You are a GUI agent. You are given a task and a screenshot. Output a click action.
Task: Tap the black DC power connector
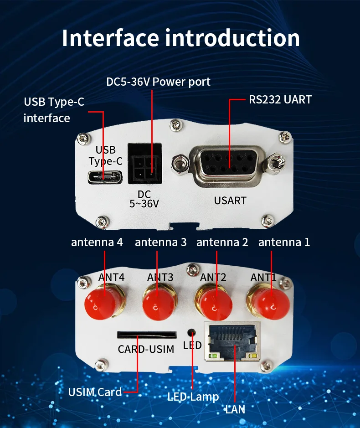[144, 164]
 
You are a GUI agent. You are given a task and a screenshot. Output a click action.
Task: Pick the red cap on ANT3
[158, 301]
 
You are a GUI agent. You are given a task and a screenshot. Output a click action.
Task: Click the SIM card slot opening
[147, 335]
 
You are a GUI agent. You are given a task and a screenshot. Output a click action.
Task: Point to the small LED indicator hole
[192, 332]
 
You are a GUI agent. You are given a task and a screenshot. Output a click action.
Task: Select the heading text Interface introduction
[180, 37]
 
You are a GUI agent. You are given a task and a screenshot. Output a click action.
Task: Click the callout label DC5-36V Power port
[158, 82]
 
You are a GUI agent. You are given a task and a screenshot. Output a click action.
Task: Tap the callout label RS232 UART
[280, 99]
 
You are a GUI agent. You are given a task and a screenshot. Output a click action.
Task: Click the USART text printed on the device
[230, 200]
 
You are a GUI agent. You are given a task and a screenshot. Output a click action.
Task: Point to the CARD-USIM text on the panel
[146, 349]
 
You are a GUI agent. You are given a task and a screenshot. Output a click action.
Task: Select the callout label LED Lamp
[193, 397]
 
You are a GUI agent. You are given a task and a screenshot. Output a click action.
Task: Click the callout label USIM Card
[95, 392]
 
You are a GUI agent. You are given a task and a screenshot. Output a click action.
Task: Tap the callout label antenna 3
[160, 242]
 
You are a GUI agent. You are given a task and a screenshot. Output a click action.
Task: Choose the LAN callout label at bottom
[235, 409]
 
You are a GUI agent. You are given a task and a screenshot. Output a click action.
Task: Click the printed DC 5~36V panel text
[144, 199]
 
